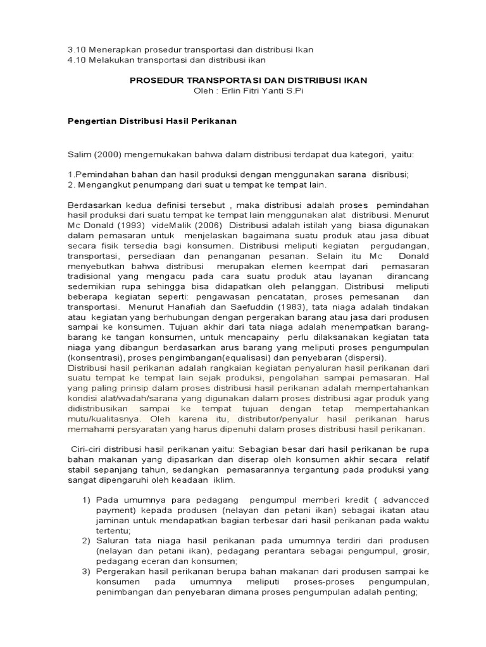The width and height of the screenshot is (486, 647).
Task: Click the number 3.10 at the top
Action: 77,50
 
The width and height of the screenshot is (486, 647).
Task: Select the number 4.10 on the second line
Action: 77,60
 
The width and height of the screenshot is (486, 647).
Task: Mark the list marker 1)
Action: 88,500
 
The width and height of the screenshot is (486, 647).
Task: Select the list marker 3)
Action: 88,572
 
